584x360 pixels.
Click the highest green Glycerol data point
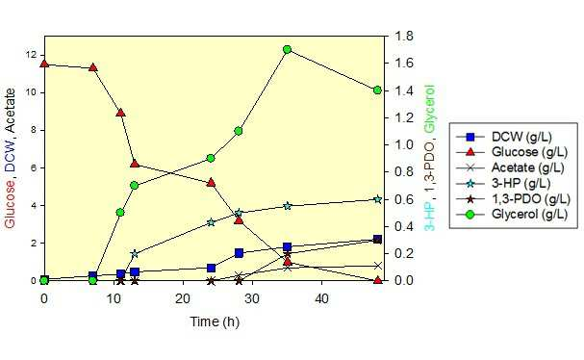coord(287,49)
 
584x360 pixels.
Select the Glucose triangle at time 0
coord(44,64)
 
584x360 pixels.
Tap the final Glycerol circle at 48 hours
coord(377,90)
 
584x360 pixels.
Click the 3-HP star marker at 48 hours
coord(378,199)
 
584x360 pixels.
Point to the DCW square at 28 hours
coord(239,253)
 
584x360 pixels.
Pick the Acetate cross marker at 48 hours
coord(378,266)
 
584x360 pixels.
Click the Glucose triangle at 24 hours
coord(211,183)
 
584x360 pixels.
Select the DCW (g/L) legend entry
coord(503,137)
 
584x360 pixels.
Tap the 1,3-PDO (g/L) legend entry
coord(513,199)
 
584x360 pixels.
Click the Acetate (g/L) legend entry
coord(510,167)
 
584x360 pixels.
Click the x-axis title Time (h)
coord(215,321)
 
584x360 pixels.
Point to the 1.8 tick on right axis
coord(403,37)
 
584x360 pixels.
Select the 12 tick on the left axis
coord(32,55)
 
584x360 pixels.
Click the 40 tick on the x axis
coord(321,298)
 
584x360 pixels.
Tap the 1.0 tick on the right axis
coord(403,145)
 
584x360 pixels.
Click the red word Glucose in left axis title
coord(10,204)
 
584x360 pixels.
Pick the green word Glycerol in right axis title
coord(430,109)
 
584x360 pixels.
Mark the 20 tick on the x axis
coord(183,298)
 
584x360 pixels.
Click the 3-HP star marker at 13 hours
coord(135,254)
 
